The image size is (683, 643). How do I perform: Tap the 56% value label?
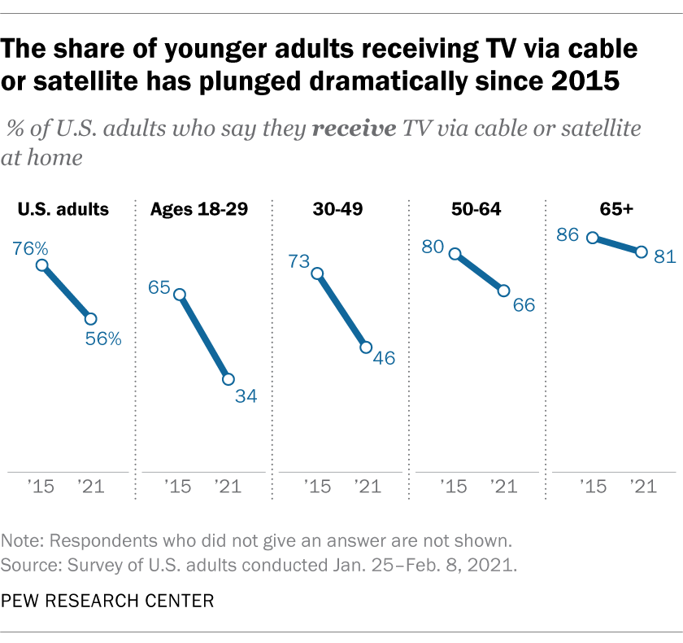point(103,339)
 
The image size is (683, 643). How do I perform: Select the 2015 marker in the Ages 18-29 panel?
point(180,295)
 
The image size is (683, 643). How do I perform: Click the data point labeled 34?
point(228,379)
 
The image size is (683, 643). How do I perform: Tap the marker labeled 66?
point(503,291)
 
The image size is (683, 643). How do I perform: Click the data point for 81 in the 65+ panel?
point(641,252)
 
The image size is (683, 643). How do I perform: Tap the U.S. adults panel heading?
point(63,209)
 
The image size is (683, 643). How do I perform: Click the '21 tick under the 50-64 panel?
point(503,487)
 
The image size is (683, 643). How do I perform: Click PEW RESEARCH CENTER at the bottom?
point(108,601)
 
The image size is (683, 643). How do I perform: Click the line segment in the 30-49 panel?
point(341,310)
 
